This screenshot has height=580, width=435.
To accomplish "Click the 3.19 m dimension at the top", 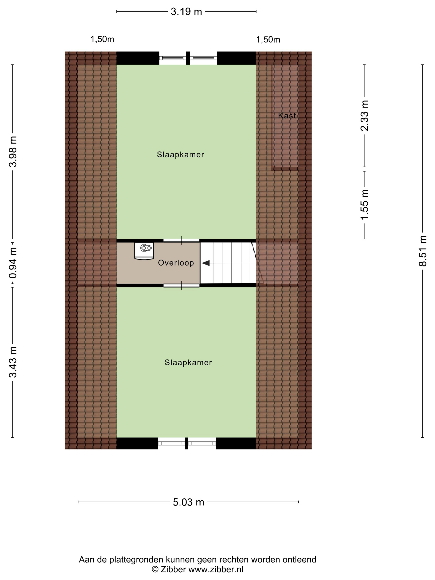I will [x=186, y=12].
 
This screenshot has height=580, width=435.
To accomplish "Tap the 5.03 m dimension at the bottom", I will [x=188, y=502].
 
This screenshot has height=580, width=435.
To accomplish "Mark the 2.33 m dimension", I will [x=364, y=115].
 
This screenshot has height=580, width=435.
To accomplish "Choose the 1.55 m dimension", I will [x=364, y=204].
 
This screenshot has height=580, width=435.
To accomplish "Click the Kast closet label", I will [x=287, y=116].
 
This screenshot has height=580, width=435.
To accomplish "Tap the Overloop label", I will [x=176, y=263].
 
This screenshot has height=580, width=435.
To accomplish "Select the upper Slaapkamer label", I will [x=180, y=155].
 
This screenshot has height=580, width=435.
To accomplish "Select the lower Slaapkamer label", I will [x=188, y=362].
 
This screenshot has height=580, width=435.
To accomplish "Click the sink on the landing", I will [x=144, y=251].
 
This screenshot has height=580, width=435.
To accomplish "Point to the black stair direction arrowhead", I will [x=206, y=263].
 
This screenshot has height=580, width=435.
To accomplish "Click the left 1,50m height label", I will [x=102, y=39].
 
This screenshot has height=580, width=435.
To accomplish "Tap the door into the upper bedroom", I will [x=181, y=241].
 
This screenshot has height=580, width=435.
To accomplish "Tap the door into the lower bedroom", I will [x=181, y=285].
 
